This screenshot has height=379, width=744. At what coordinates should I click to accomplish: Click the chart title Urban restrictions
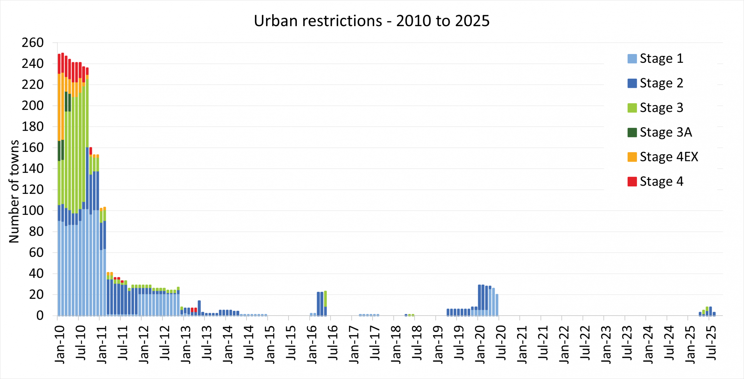[372, 21]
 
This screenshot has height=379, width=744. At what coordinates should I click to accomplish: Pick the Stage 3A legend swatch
[632, 132]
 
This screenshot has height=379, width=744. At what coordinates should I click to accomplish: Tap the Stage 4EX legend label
[669, 157]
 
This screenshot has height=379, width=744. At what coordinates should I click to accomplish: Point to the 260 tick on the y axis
[33, 43]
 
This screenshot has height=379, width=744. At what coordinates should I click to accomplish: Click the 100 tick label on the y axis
[33, 211]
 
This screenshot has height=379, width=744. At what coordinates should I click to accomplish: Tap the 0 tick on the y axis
[40, 316]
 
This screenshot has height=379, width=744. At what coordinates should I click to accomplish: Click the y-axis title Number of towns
[14, 191]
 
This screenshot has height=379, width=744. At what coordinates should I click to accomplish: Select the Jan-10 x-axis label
[60, 344]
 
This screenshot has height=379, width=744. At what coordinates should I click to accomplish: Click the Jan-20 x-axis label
[480, 344]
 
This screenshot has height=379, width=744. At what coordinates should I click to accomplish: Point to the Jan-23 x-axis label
[606, 344]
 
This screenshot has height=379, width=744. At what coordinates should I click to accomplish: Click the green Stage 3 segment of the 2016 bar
[325, 298]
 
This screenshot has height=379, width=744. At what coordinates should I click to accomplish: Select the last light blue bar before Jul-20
[497, 305]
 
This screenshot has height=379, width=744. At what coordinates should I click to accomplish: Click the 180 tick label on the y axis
[33, 127]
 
